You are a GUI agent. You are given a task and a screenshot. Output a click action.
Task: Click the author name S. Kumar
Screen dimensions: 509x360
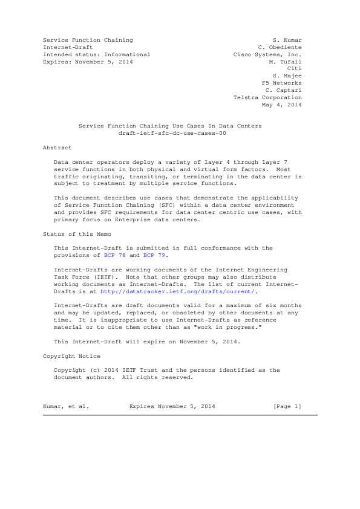point(287,40)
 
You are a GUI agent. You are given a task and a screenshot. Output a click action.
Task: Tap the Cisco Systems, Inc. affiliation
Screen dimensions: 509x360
point(267,54)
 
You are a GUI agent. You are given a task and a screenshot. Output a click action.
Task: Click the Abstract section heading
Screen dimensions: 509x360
point(57,148)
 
